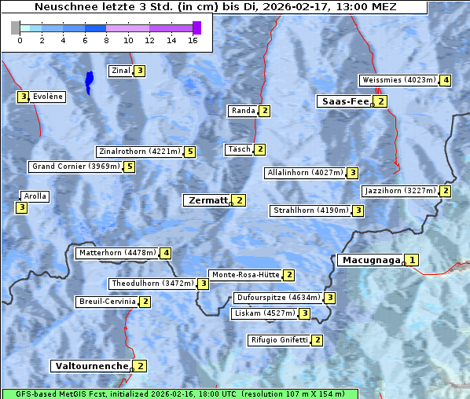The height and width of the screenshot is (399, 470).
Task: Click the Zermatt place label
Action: coord(207,200)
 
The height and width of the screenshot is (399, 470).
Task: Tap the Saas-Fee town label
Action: coord(343,101)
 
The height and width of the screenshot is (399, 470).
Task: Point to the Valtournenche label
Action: coord(90,366)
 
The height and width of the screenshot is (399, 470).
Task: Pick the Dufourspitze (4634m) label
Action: coord(278,298)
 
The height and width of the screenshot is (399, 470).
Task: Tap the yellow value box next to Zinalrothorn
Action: coord(189,152)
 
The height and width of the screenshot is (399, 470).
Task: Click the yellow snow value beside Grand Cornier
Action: coord(129,167)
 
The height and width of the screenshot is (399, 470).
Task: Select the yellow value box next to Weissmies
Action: coord(446,80)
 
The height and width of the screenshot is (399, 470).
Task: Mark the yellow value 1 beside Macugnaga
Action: coord(412,260)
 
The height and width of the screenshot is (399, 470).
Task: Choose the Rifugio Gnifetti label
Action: coord(279,340)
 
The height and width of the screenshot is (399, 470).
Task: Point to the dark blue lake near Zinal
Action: coord(89,80)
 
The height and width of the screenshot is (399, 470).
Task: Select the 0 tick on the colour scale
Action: coord(20,39)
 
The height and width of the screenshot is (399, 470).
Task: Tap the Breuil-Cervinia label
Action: coord(106,302)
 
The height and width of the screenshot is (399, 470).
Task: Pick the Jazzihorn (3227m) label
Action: coord(400,191)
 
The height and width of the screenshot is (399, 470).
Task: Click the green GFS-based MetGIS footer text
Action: coord(179,394)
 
